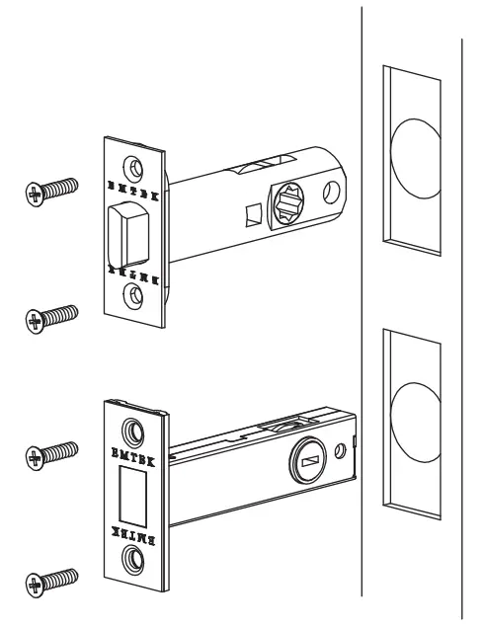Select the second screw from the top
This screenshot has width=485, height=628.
(51, 316)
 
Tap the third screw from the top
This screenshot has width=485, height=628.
(51, 454)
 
